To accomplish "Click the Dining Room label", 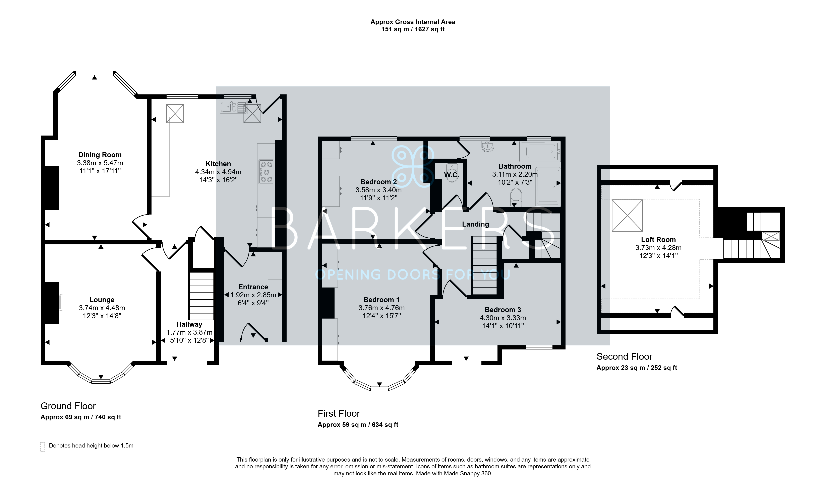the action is pyautogui.click(x=100, y=155).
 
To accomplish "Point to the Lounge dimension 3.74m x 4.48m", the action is pyautogui.click(x=102, y=308).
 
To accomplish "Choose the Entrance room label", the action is pyautogui.click(x=253, y=287).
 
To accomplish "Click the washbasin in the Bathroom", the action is pyautogui.click(x=488, y=147).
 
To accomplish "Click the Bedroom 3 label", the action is pyautogui.click(x=503, y=310).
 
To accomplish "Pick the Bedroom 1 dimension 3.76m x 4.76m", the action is pyautogui.click(x=381, y=308).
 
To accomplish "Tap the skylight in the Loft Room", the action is pyautogui.click(x=627, y=215).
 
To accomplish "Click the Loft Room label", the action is pyautogui.click(x=658, y=240).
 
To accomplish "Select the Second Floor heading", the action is pyautogui.click(x=624, y=356).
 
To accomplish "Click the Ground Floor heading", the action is pyautogui.click(x=68, y=406).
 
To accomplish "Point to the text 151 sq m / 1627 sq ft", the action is pyautogui.click(x=413, y=29).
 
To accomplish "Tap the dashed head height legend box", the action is pyautogui.click(x=43, y=447).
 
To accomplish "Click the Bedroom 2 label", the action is pyautogui.click(x=378, y=182).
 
